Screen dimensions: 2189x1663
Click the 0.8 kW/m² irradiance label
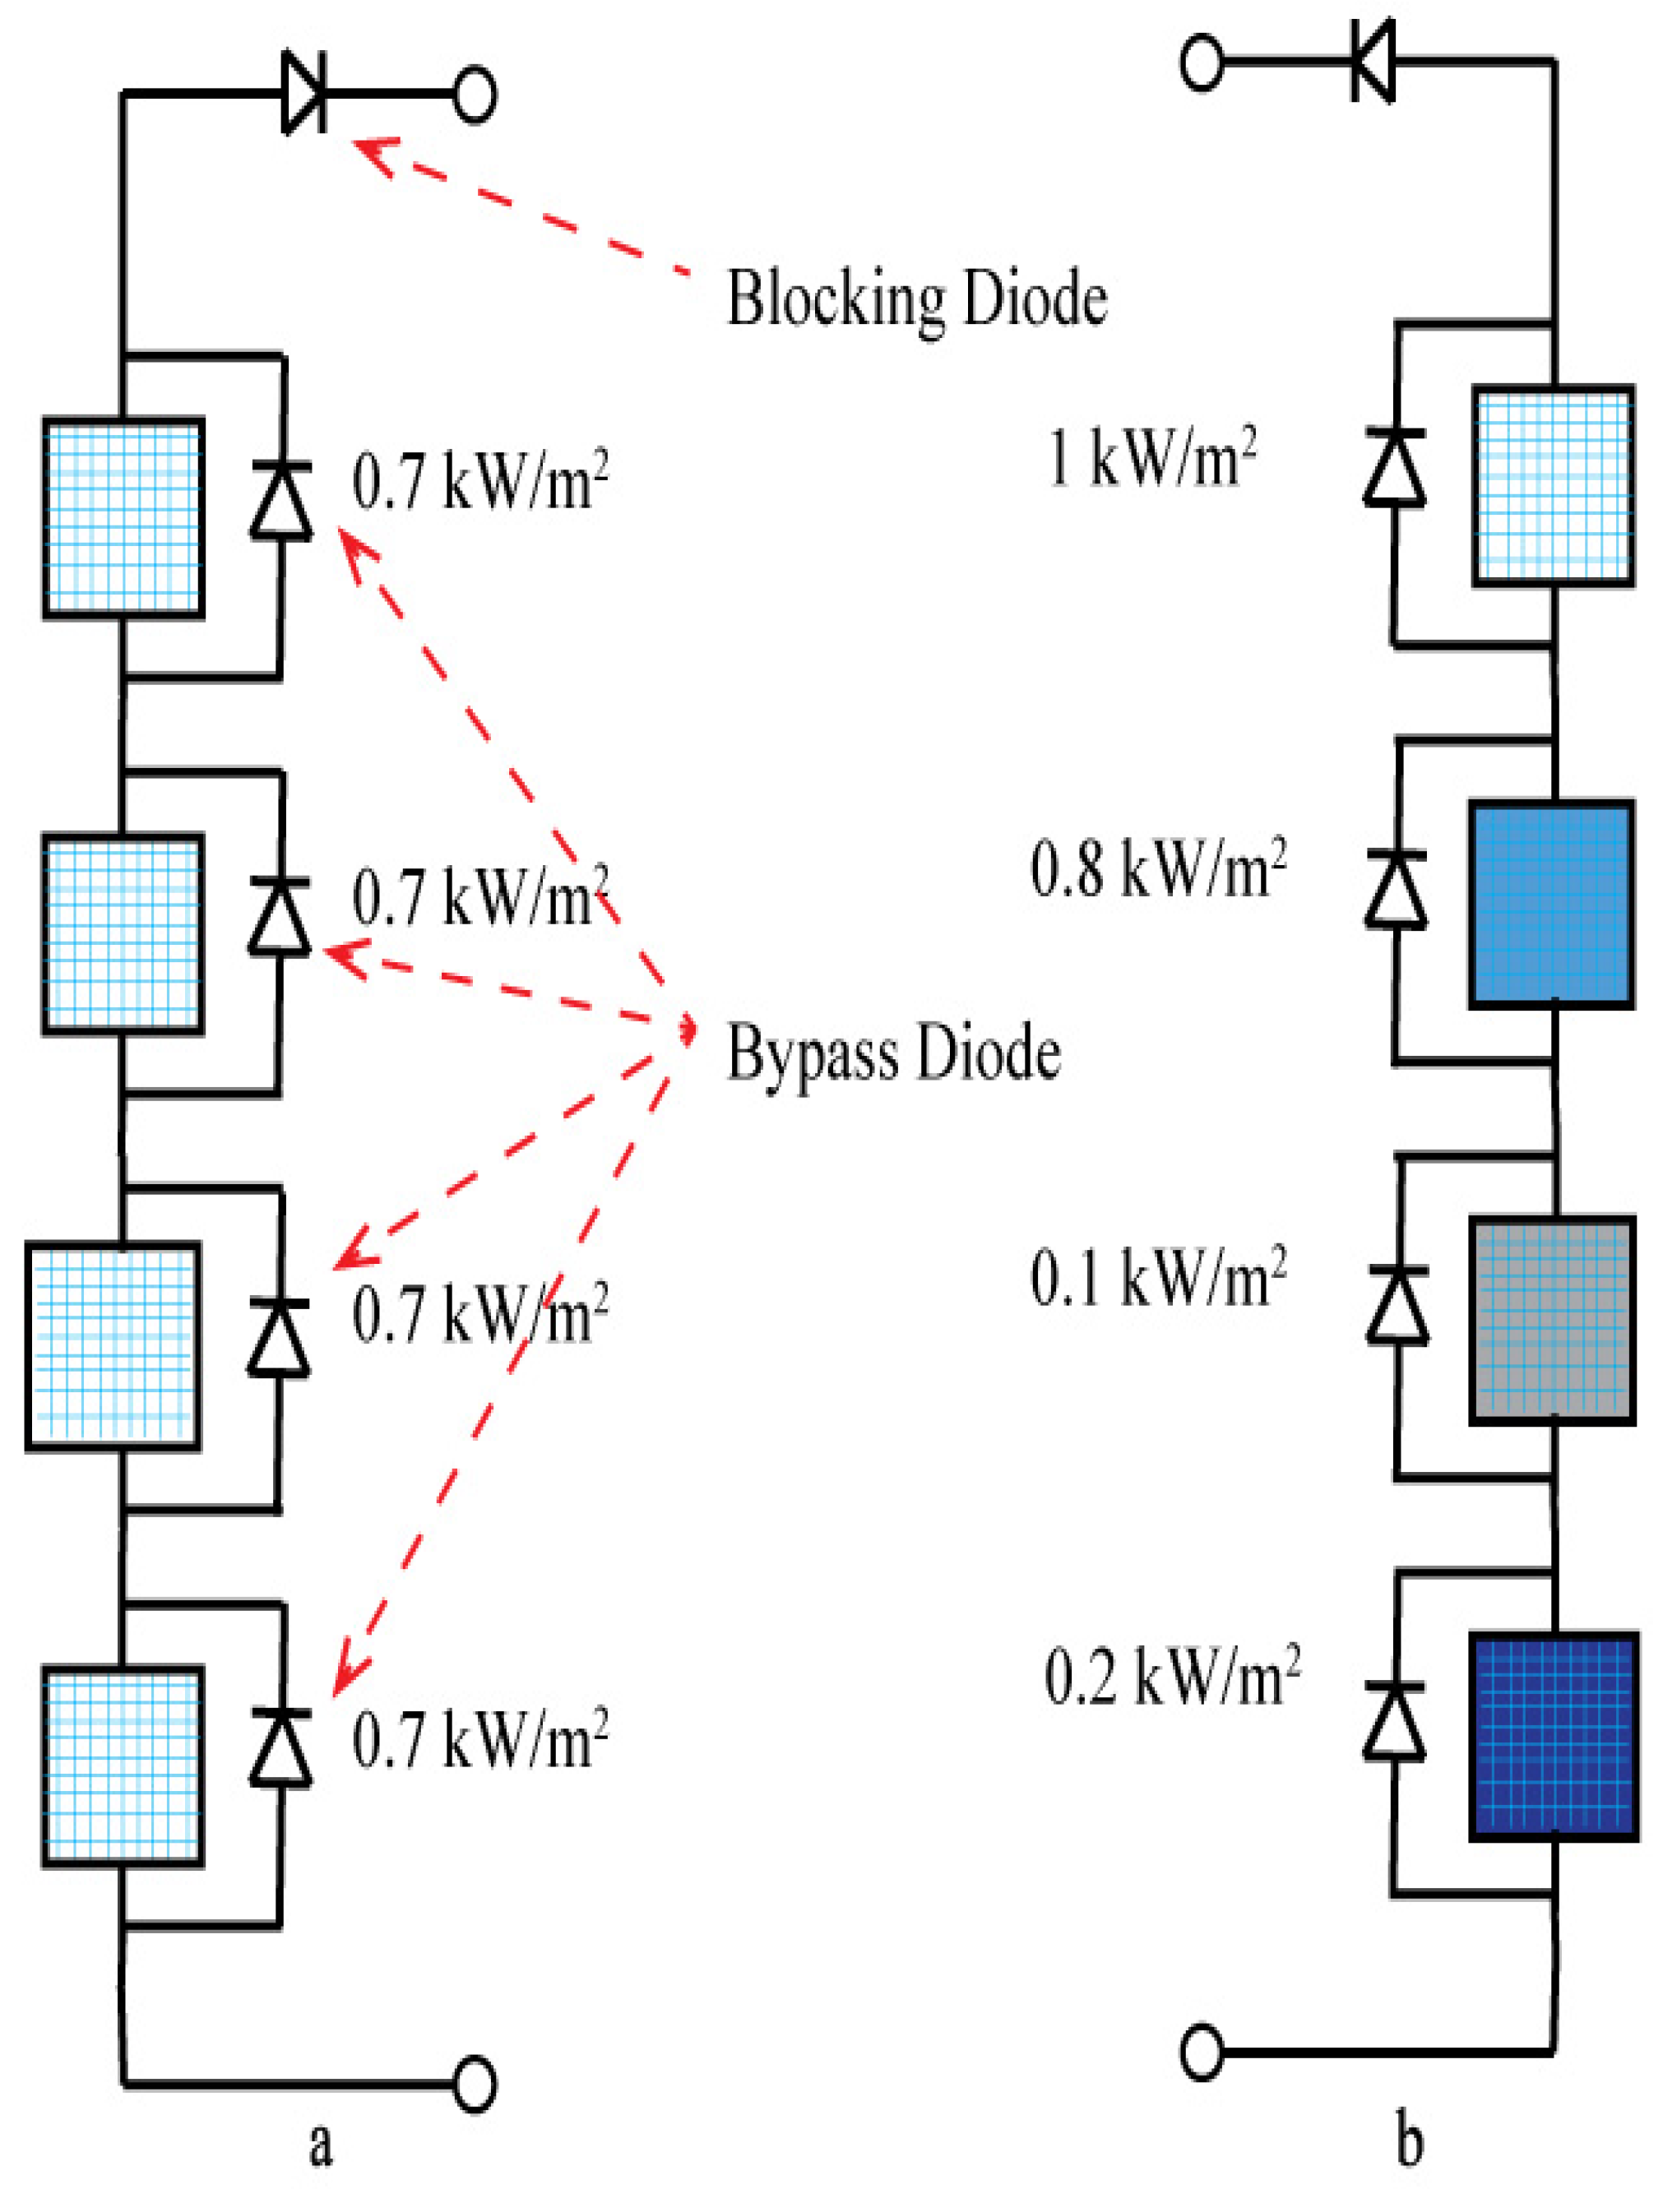pos(1158,869)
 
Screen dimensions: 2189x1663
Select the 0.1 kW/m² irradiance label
pos(1158,1278)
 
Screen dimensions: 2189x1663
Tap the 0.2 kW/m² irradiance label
pos(1172,1677)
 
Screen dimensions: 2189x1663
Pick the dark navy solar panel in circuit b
pos(1551,1737)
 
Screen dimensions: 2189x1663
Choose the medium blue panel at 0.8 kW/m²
pos(1551,905)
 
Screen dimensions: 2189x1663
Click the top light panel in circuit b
pos(1551,485)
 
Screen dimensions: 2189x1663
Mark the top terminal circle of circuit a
pos(475,94)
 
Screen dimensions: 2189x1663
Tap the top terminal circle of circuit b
pos(1202,62)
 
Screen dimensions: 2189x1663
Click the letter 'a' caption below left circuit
pos(320,2145)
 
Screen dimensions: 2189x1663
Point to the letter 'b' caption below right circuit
pos(1409,2142)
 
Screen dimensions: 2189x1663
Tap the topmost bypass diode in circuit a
pos(281,500)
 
